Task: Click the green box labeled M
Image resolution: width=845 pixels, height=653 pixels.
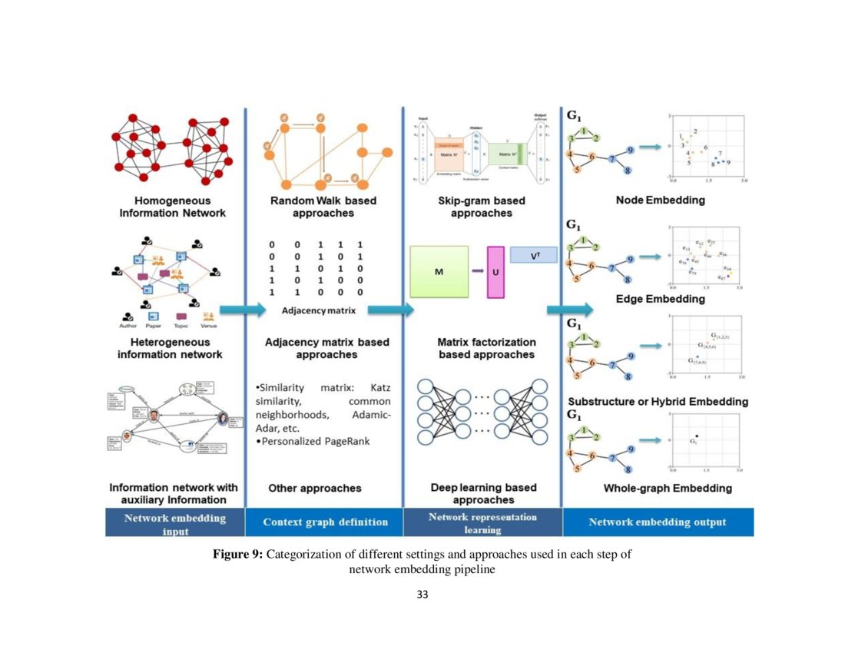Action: pyautogui.click(x=439, y=272)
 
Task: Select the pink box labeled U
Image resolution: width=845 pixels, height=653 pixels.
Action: pyautogui.click(x=495, y=273)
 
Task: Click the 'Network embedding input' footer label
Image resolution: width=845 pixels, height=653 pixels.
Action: pyautogui.click(x=175, y=523)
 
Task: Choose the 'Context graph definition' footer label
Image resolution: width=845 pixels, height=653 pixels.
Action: pyautogui.click(x=325, y=522)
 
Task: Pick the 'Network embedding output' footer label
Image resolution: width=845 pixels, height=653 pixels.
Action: pyautogui.click(x=658, y=522)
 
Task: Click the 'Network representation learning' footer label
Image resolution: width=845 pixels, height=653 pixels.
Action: pyautogui.click(x=482, y=523)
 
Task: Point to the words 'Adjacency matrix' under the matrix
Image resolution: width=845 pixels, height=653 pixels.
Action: pyautogui.click(x=313, y=310)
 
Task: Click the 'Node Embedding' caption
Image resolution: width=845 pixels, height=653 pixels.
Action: pyautogui.click(x=661, y=201)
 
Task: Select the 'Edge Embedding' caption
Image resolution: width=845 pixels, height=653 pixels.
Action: pyautogui.click(x=661, y=298)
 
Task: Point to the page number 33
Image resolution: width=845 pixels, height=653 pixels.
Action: pyautogui.click(x=422, y=595)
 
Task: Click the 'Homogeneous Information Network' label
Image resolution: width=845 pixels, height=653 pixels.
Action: pyautogui.click(x=173, y=207)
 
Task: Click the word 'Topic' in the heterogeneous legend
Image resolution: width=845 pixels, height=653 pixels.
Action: pyautogui.click(x=182, y=326)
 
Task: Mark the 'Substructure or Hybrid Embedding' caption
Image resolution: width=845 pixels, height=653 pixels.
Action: pyautogui.click(x=658, y=402)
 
